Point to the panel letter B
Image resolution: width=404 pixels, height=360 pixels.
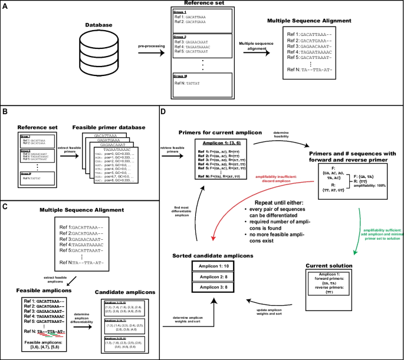pos(6,110)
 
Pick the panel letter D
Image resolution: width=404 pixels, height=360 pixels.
pos(157,110)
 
